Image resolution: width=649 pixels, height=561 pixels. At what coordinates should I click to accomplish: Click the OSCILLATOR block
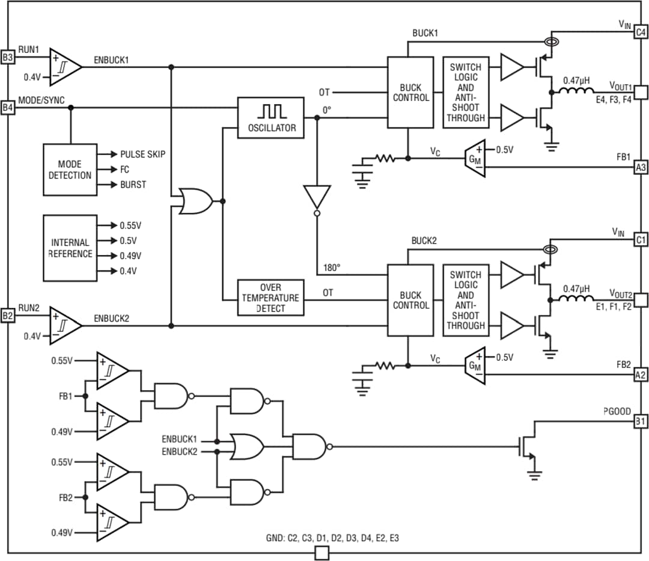pyautogui.click(x=270, y=118)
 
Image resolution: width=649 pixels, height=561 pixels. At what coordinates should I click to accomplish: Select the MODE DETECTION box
pyautogui.click(x=70, y=170)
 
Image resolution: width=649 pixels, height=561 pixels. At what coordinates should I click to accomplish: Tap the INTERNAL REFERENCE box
pyautogui.click(x=70, y=248)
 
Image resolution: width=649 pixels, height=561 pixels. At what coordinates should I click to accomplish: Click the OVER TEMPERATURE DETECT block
pyautogui.click(x=270, y=298)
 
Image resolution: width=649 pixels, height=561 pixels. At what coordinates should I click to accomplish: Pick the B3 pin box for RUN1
pyautogui.click(x=7, y=58)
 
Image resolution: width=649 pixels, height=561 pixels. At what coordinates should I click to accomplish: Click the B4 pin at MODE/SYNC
pyautogui.click(x=7, y=108)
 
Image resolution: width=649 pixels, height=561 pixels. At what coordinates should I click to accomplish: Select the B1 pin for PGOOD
pyautogui.click(x=641, y=422)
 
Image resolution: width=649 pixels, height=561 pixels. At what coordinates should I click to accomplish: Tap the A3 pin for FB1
pyautogui.click(x=641, y=168)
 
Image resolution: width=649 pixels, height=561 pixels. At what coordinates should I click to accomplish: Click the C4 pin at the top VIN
pyautogui.click(x=641, y=32)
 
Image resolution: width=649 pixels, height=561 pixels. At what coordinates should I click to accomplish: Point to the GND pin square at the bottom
pyautogui.click(x=322, y=553)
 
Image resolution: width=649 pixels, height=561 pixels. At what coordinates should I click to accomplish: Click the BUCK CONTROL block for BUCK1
pyautogui.click(x=410, y=92)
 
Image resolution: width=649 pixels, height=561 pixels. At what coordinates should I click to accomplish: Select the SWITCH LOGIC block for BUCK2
pyautogui.click(x=466, y=300)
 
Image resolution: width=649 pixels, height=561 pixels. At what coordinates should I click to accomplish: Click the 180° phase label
pyautogui.click(x=331, y=267)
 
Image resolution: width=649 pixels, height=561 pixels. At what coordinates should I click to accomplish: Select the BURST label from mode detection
pyautogui.click(x=133, y=185)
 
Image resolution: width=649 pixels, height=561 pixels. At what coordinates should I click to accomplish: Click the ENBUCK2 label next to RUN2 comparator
pyautogui.click(x=111, y=318)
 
